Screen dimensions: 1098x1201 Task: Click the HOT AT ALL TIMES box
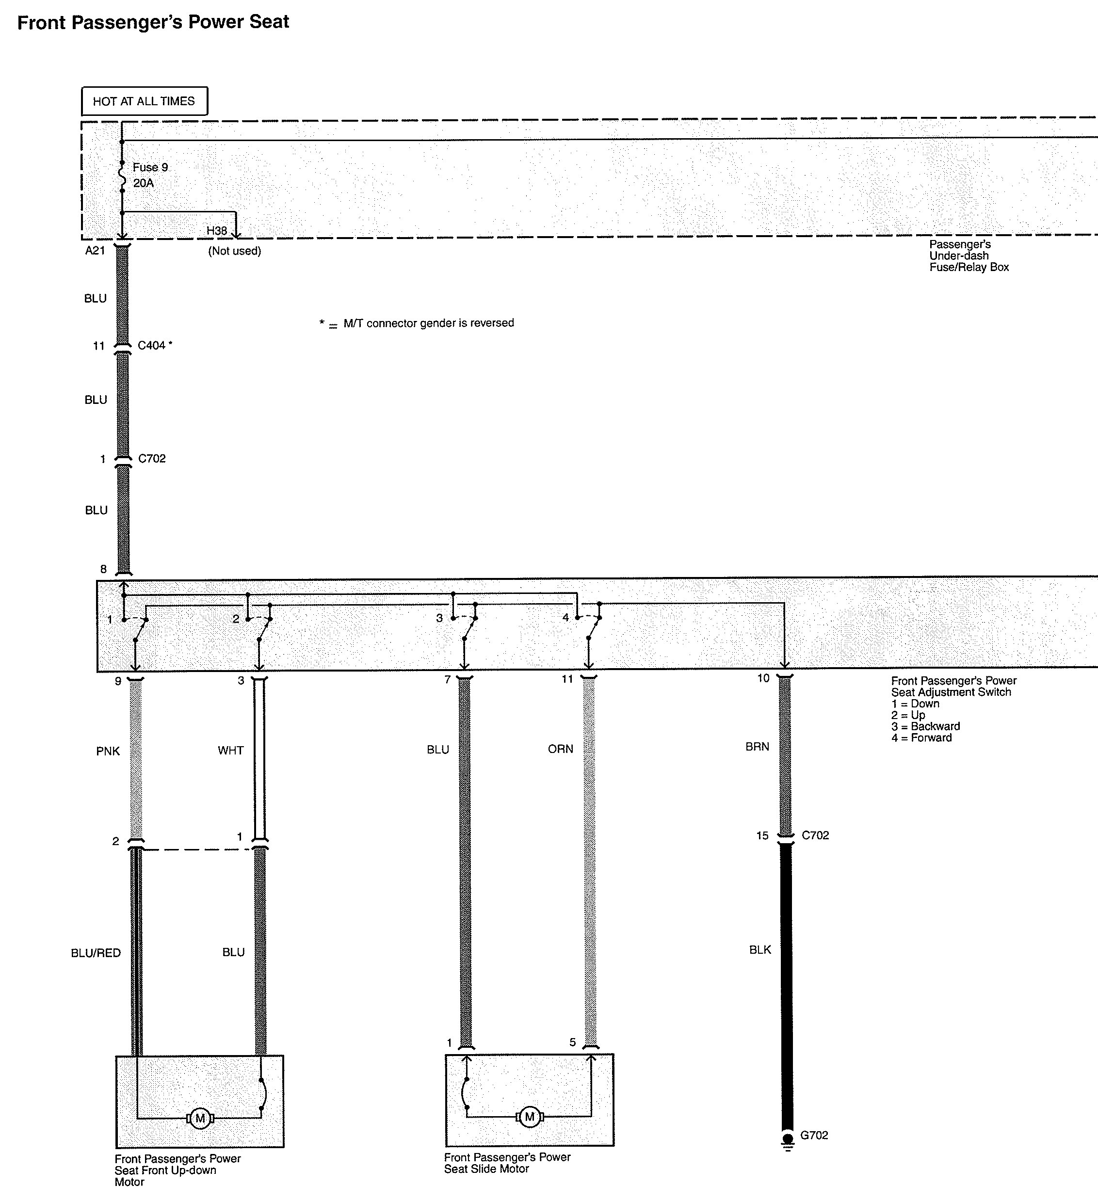coord(144,101)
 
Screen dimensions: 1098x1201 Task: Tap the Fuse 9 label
coord(150,167)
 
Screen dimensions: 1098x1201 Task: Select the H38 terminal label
coord(217,230)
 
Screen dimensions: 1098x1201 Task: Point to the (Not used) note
coord(235,251)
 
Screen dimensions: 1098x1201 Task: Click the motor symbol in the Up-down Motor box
coord(200,1118)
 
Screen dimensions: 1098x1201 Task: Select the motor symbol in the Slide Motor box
coord(530,1117)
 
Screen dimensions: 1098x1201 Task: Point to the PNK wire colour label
coord(108,751)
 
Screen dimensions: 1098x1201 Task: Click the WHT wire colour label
coord(230,751)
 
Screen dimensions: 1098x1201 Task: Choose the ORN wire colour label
coord(561,749)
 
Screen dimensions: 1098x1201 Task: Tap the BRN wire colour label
coord(757,747)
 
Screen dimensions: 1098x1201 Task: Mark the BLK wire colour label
coord(760,950)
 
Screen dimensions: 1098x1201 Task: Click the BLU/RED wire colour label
coord(96,953)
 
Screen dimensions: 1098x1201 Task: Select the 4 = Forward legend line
coord(921,738)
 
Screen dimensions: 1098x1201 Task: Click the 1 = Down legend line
coord(915,704)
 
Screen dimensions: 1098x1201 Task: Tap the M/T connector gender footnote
coord(417,323)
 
